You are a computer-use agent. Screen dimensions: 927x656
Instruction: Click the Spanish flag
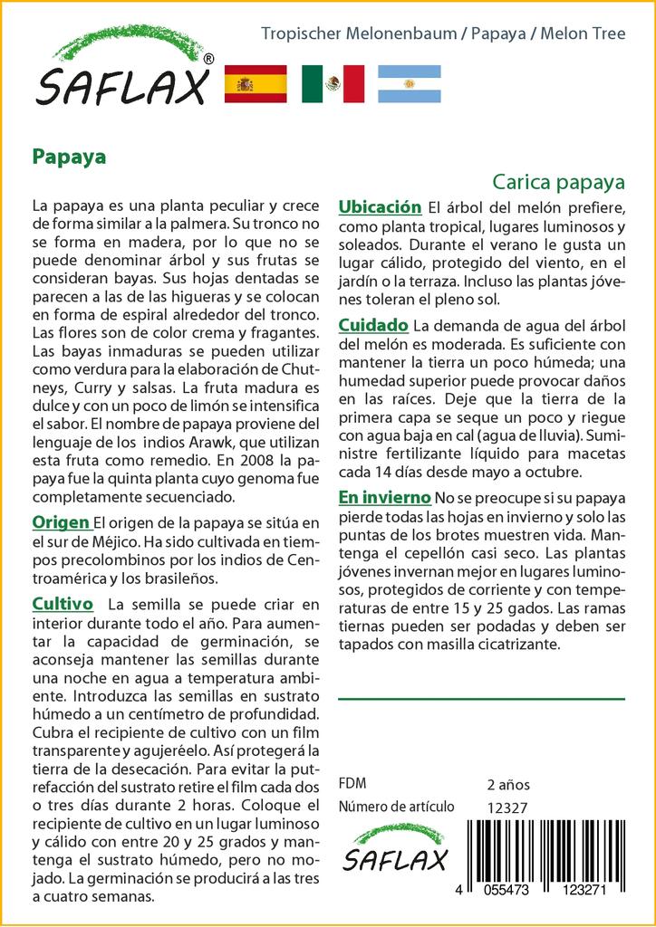pyautogui.click(x=255, y=84)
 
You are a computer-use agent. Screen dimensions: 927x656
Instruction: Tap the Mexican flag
pyautogui.click(x=333, y=84)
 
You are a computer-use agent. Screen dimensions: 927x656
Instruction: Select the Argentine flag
pyautogui.click(x=409, y=84)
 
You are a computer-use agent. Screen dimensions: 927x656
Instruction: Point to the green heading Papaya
pyautogui.click(x=69, y=156)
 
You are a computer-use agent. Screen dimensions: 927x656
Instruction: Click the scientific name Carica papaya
pyautogui.click(x=559, y=181)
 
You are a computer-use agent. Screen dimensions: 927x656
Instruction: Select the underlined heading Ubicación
pyautogui.click(x=380, y=207)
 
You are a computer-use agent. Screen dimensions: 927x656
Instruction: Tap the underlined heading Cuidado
pyautogui.click(x=372, y=325)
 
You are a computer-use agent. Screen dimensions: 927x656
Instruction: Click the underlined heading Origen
pyautogui.click(x=61, y=522)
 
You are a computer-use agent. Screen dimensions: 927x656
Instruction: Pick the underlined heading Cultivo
pyautogui.click(x=63, y=603)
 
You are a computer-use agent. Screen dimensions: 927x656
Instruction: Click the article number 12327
pyautogui.click(x=506, y=808)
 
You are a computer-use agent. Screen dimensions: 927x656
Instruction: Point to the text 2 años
pyautogui.click(x=508, y=784)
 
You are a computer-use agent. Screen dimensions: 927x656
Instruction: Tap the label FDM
pyautogui.click(x=352, y=784)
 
